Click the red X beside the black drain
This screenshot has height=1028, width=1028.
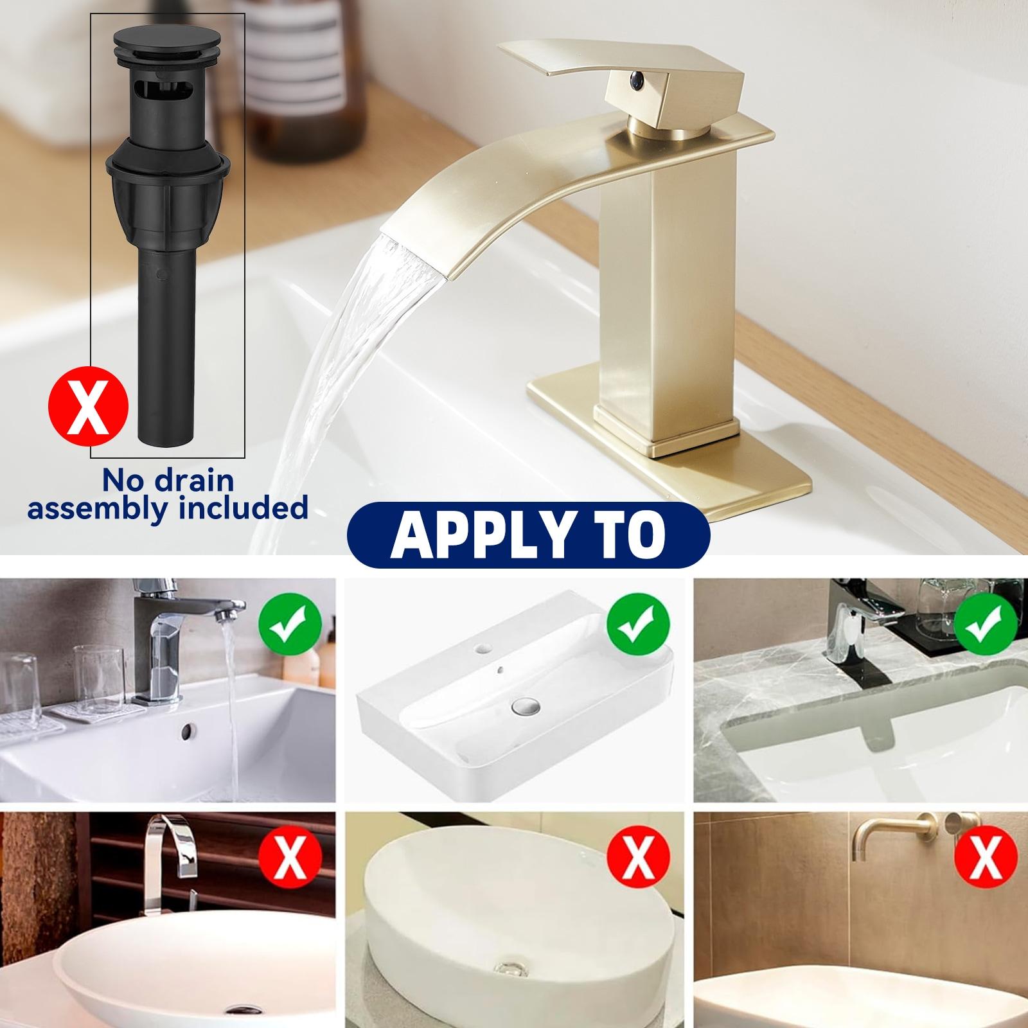pyautogui.click(x=89, y=407)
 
